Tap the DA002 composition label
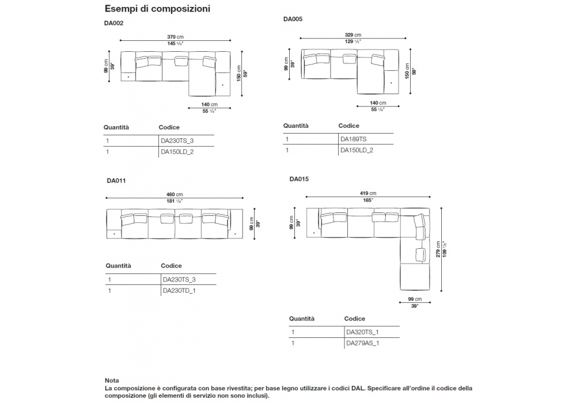pyautogui.click(x=113, y=24)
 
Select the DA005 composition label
pyautogui.click(x=293, y=19)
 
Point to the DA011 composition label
pyautogui.click(x=116, y=180)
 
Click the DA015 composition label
pyautogui.click(x=299, y=179)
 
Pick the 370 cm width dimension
pyautogui.click(x=176, y=36)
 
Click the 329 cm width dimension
pyautogui.click(x=354, y=35)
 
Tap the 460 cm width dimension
pyautogui.click(x=175, y=195)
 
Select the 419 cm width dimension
pyautogui.click(x=369, y=193)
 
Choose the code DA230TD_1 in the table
pyautogui.click(x=180, y=291)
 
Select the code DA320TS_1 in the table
pyautogui.click(x=362, y=332)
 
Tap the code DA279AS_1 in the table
pyautogui.click(x=362, y=343)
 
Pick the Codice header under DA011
pyautogui.click(x=171, y=266)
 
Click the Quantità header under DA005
pyautogui.click(x=295, y=126)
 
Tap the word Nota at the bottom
pyautogui.click(x=112, y=381)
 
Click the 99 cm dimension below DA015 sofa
pyautogui.click(x=415, y=299)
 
